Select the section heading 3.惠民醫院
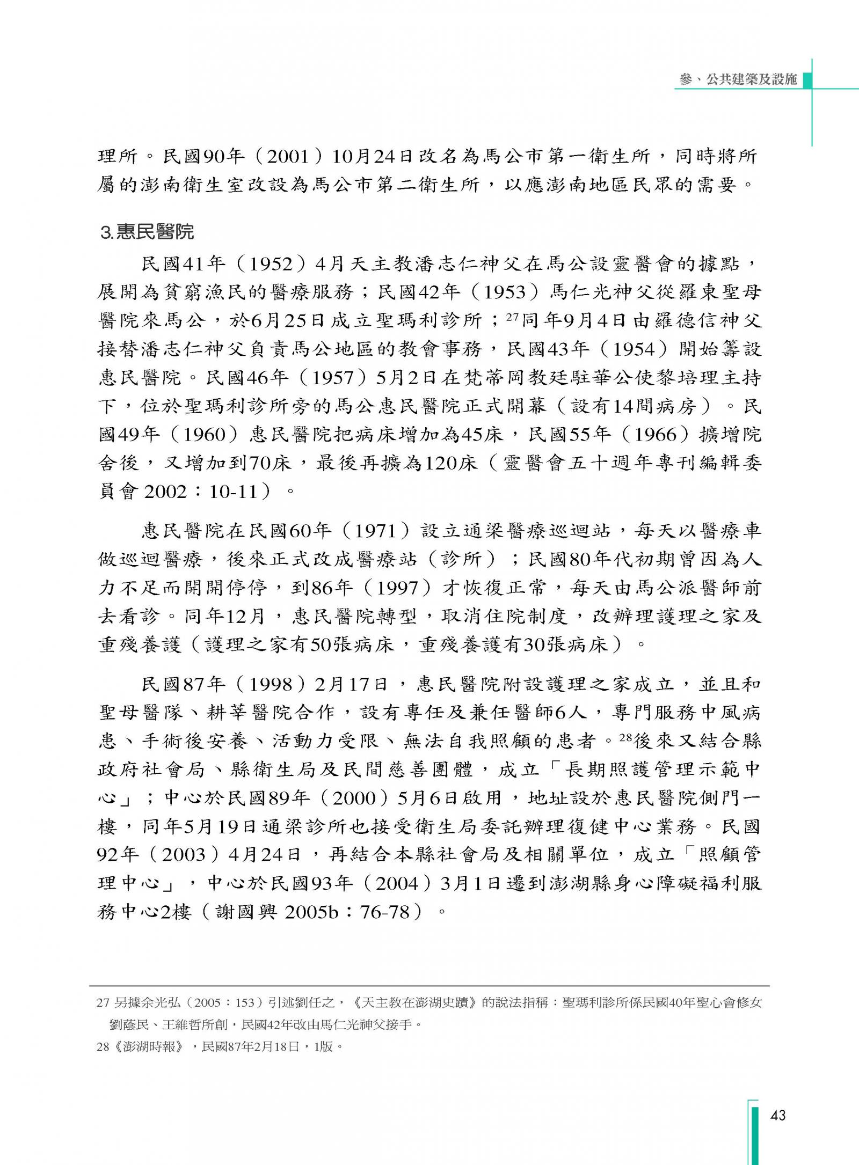pyautogui.click(x=147, y=232)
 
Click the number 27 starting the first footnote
pyautogui.click(x=102, y=1002)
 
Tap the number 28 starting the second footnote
pyautogui.click(x=102, y=1046)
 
